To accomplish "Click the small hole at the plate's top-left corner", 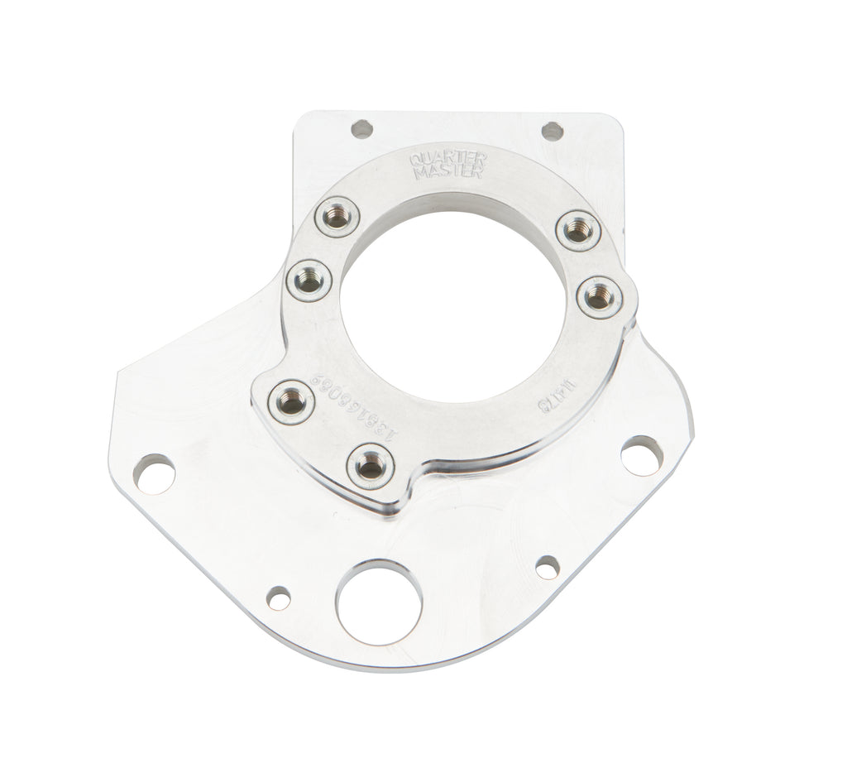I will [361, 128].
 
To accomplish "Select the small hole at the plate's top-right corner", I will [553, 130].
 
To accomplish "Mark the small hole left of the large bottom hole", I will [280, 597].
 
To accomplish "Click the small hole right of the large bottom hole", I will [547, 567].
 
